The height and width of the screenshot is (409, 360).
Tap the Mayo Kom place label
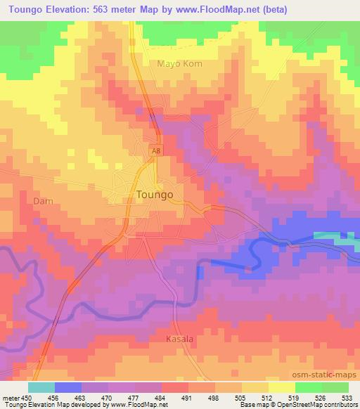coord(179,63)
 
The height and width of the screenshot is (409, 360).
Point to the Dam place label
coord(44,201)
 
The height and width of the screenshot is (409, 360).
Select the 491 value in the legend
coord(188,397)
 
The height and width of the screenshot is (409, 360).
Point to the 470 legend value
coord(108,397)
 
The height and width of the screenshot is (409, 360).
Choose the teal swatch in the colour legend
coord(41,387)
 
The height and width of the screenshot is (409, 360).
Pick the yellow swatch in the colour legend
coord(282,387)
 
